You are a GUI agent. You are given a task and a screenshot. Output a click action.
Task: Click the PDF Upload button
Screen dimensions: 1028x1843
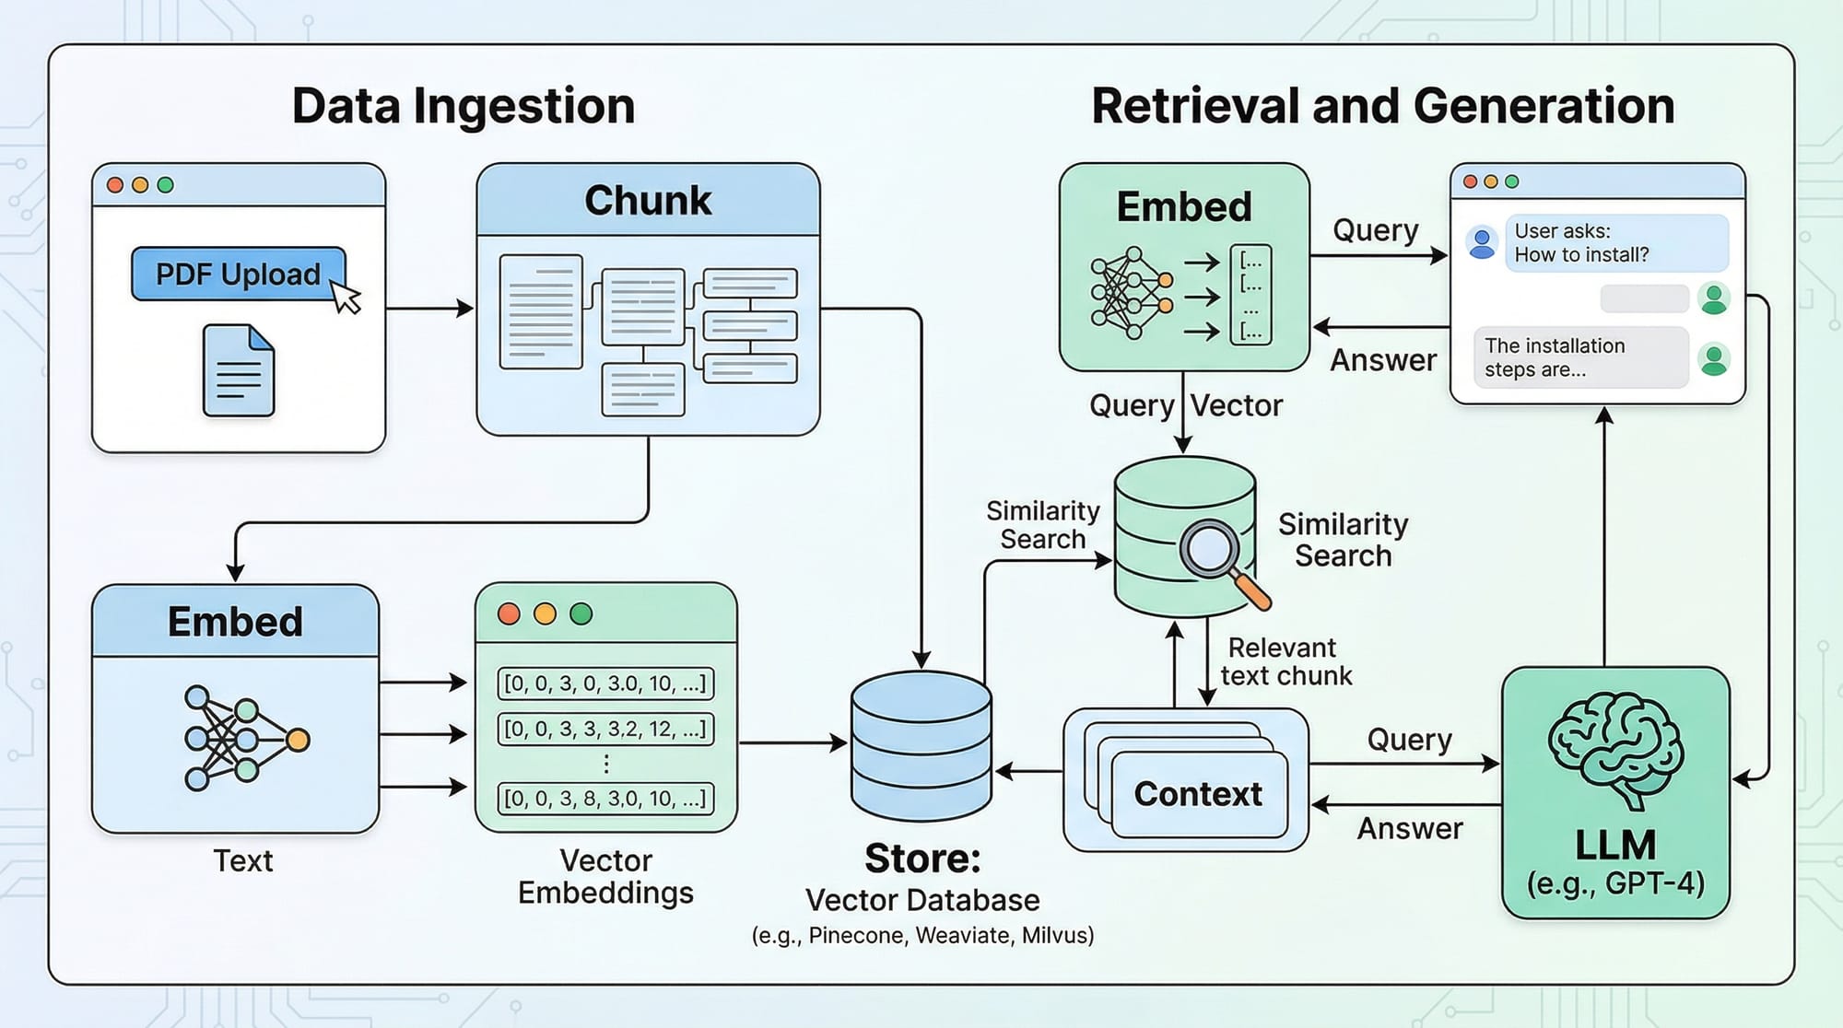click(238, 274)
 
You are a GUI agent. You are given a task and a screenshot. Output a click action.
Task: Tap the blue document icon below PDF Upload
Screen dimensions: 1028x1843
click(239, 370)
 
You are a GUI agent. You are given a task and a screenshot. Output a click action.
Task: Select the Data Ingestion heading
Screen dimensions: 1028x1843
click(464, 106)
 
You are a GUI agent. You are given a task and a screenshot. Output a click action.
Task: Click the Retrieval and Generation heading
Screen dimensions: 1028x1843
click(1382, 106)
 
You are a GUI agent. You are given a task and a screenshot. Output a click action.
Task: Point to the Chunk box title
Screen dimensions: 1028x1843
click(648, 200)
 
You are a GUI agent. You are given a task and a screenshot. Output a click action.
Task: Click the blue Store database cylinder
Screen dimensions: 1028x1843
click(921, 745)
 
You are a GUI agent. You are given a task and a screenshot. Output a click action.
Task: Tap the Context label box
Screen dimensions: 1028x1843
click(1198, 794)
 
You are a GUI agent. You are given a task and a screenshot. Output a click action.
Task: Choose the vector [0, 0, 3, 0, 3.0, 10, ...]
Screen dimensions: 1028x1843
click(605, 683)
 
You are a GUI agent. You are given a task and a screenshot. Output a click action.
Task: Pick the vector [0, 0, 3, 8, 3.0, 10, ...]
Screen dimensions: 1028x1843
click(605, 798)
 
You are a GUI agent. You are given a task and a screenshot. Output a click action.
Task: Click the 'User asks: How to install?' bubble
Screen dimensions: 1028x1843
click(1615, 243)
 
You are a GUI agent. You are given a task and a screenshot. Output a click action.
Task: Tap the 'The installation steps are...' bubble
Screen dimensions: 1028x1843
click(1579, 357)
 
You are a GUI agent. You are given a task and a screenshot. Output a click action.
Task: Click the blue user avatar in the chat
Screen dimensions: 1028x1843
click(1482, 243)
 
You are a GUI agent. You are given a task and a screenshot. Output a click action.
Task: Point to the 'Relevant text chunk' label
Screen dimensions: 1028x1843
click(1285, 661)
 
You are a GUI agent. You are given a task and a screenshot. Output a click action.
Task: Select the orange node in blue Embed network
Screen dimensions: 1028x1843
click(298, 740)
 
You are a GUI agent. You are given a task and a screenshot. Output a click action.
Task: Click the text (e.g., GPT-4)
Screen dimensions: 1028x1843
click(1615, 883)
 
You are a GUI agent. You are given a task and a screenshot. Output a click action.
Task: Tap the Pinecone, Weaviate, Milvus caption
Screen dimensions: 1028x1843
click(922, 935)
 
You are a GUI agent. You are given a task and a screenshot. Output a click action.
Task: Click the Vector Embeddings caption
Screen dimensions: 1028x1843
click(605, 876)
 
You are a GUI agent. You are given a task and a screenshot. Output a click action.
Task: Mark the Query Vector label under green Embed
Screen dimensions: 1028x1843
click(1185, 405)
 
